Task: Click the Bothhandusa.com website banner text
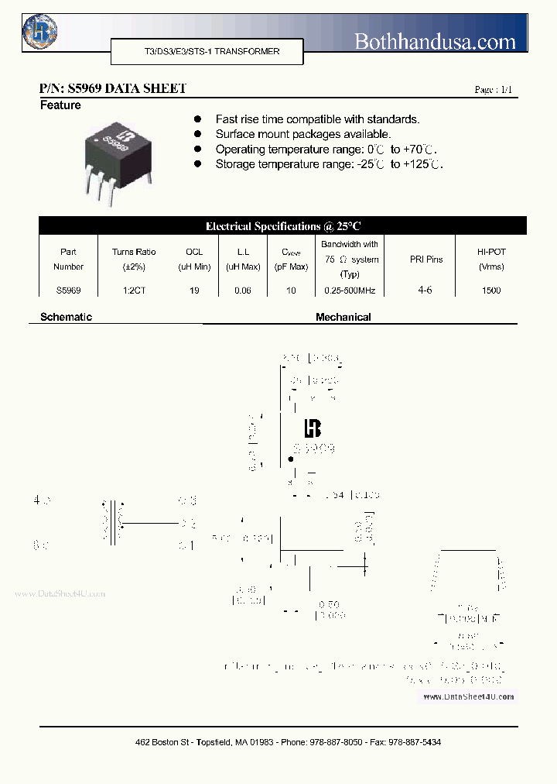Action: point(434,41)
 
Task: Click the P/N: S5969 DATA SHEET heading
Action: point(112,88)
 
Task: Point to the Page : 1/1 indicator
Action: point(493,90)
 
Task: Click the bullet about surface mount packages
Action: point(302,134)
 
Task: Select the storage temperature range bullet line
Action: point(329,164)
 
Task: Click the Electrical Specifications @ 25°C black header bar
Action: point(282,226)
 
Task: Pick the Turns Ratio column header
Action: point(134,259)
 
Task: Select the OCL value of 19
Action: point(194,291)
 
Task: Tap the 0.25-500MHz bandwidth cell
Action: point(350,291)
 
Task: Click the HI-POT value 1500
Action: point(490,291)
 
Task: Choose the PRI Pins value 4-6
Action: point(425,291)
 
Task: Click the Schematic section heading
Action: point(66,317)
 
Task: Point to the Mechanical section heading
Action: point(343,317)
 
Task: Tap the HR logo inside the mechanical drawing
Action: point(312,428)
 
